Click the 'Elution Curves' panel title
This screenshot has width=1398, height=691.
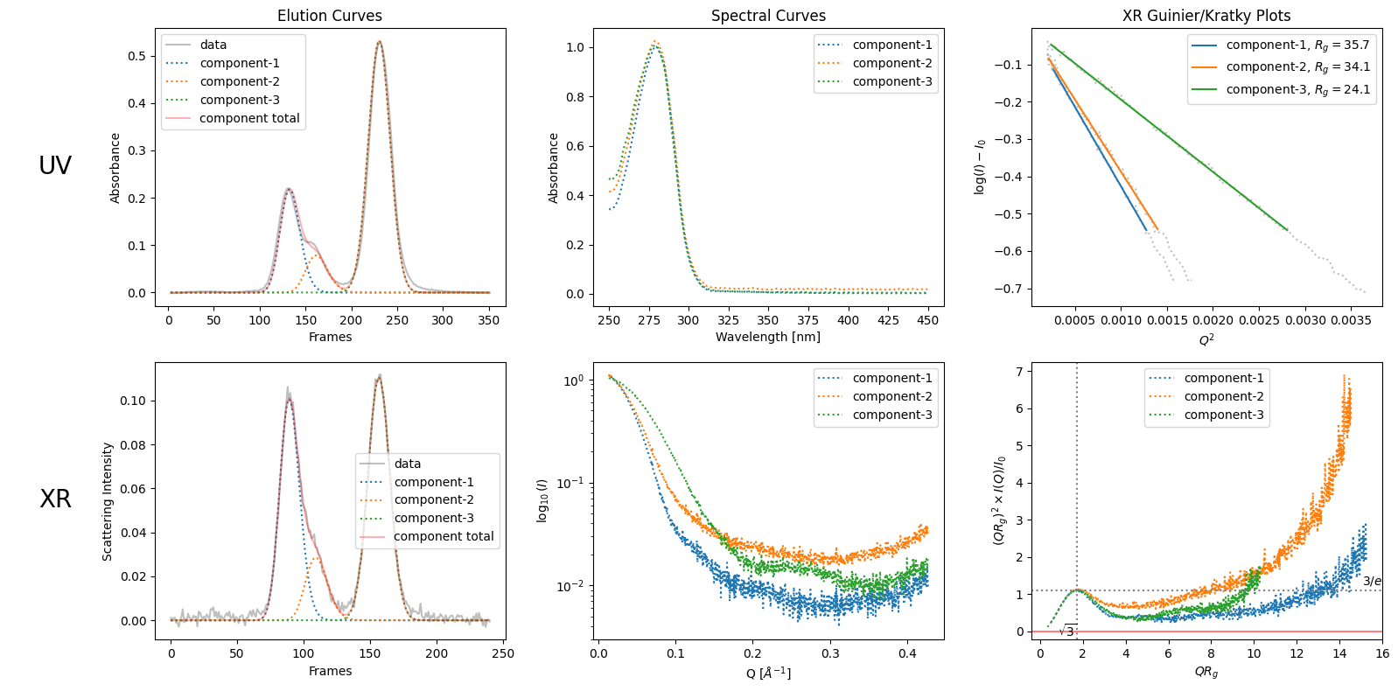click(330, 16)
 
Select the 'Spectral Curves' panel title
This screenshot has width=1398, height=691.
click(768, 16)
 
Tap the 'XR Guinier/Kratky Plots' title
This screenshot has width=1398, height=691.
click(1206, 16)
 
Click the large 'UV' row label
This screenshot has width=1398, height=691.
click(55, 165)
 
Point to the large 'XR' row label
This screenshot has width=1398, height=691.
click(55, 499)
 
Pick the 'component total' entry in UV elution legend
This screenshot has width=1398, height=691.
click(249, 118)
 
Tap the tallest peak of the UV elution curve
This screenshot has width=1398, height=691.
click(379, 42)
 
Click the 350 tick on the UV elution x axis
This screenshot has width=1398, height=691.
click(489, 320)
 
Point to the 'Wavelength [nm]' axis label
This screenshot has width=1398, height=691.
click(768, 337)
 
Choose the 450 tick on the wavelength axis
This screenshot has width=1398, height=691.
click(928, 320)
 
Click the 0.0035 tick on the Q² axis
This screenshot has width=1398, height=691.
click(1352, 320)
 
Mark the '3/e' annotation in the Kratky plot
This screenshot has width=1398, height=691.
click(1372, 581)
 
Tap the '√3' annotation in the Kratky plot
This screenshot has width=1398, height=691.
click(1067, 631)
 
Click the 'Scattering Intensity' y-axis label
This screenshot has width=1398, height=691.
click(108, 501)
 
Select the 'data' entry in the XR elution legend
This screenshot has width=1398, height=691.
click(408, 464)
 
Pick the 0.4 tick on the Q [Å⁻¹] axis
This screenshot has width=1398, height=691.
click(907, 653)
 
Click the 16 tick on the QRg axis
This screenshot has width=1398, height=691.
click(1382, 653)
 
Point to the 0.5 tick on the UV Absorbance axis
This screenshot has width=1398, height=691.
click(136, 56)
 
